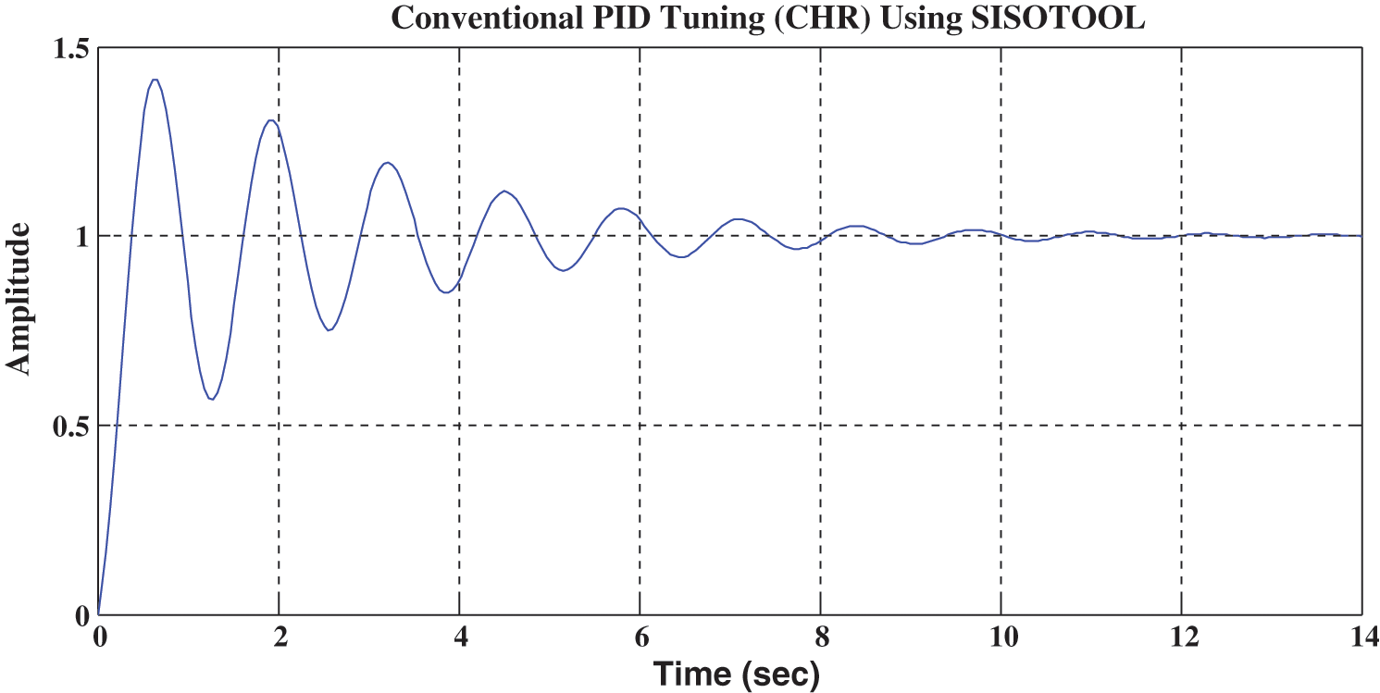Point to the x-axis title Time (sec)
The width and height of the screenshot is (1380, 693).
click(x=737, y=674)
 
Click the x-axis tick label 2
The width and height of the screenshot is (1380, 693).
click(x=279, y=637)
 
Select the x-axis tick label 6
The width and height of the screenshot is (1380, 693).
click(x=640, y=637)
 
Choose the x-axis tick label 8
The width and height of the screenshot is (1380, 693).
click(x=820, y=637)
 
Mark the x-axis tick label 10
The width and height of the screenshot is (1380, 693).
click(x=1001, y=637)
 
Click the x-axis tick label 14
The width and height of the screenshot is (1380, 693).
click(x=1361, y=637)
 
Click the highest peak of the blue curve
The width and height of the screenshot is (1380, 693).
click(x=155, y=80)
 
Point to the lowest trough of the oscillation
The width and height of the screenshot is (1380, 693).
click(x=212, y=399)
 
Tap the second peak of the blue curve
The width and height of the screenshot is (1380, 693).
click(x=270, y=120)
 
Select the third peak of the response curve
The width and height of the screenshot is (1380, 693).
click(x=389, y=163)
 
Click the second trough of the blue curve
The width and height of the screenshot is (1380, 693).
click(x=329, y=330)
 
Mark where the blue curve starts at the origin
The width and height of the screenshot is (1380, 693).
click(x=98, y=613)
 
